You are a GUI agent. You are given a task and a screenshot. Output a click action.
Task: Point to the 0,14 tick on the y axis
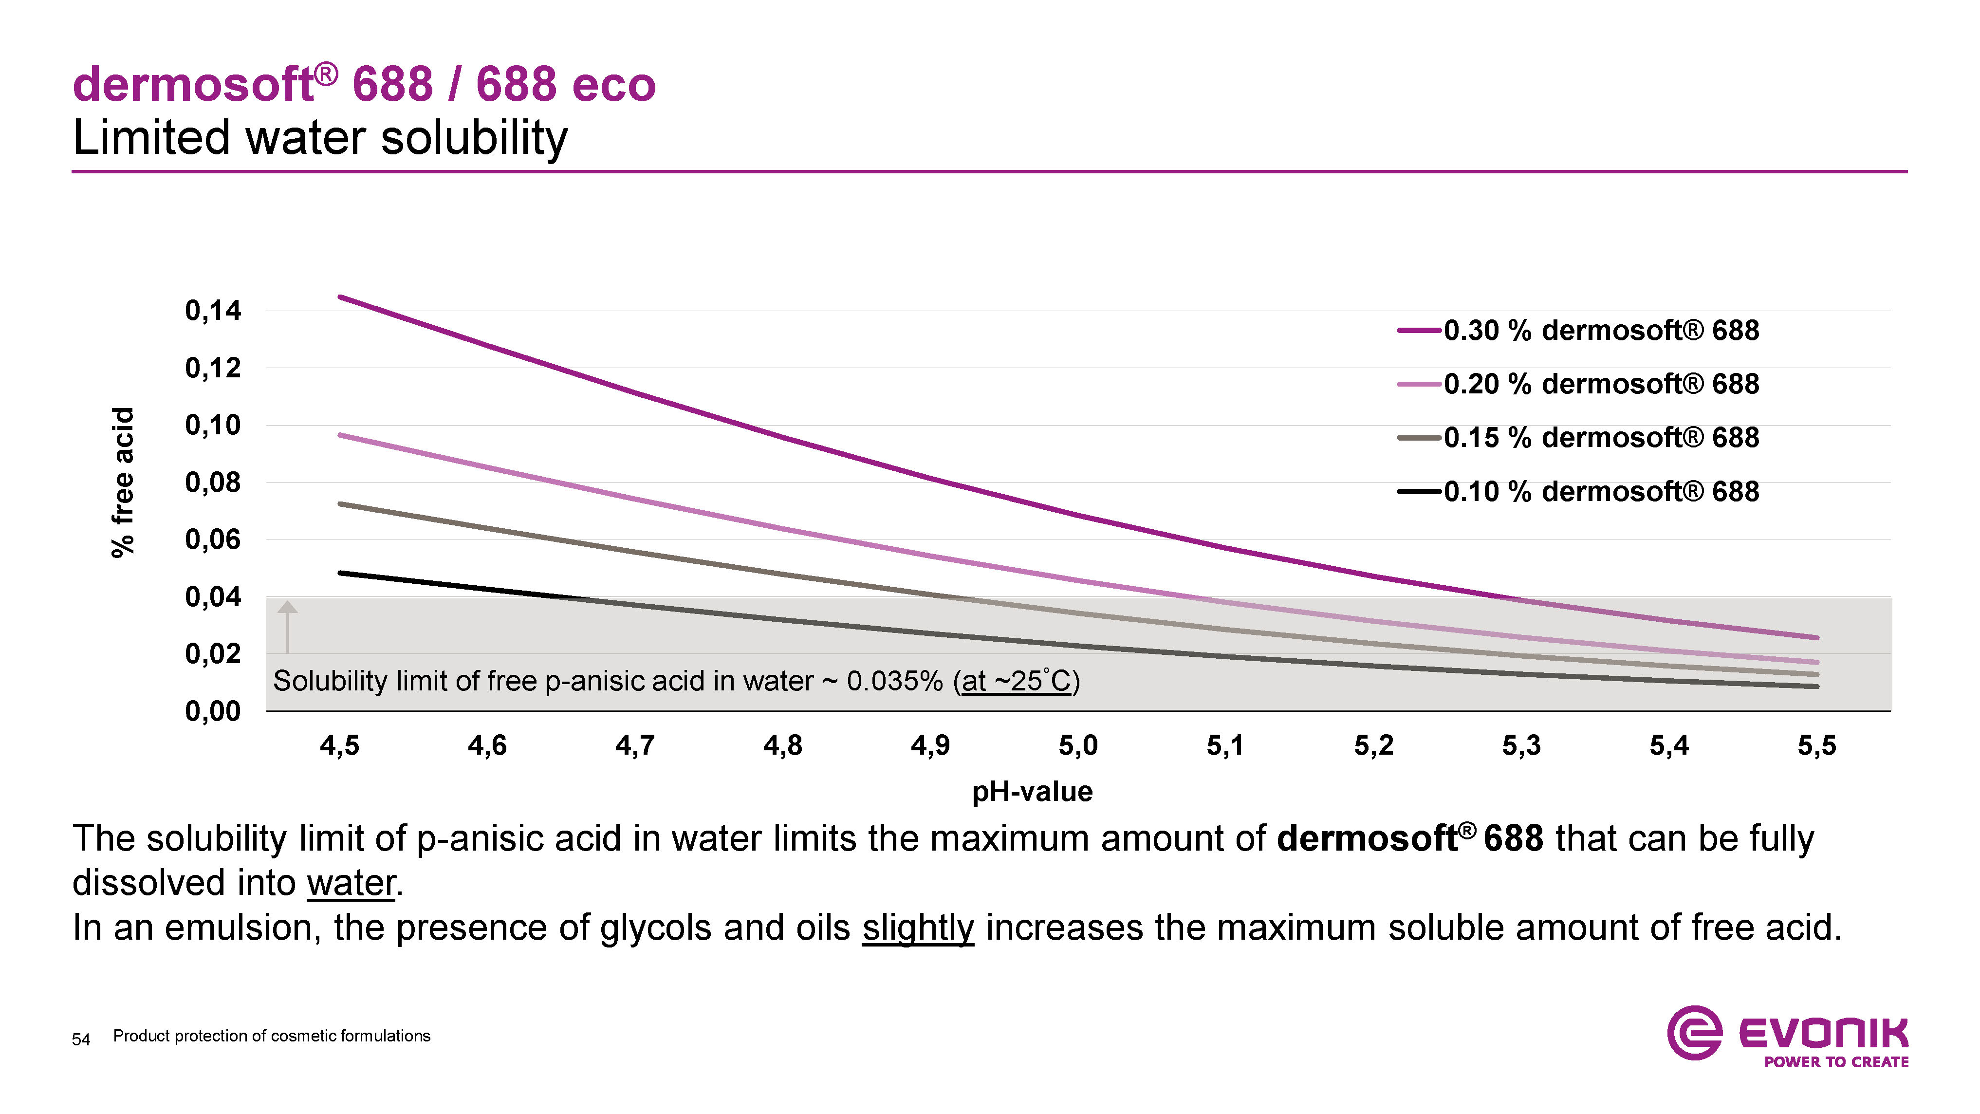(x=213, y=311)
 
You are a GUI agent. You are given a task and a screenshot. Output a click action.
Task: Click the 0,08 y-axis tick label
(x=213, y=483)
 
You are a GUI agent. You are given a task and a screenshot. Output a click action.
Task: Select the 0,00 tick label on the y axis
(x=213, y=711)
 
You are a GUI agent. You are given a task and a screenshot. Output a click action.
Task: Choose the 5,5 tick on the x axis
(x=1817, y=745)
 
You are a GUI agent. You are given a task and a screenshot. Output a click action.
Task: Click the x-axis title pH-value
(x=1032, y=792)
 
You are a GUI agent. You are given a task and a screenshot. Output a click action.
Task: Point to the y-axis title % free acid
(x=123, y=482)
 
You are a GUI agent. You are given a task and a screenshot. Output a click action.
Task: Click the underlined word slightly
(x=918, y=928)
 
